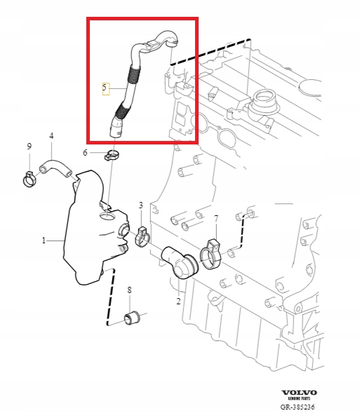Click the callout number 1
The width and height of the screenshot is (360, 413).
point(43,241)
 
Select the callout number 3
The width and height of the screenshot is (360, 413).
point(140,205)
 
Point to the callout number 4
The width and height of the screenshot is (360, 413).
point(51,135)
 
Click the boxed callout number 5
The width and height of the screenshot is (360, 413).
point(105,88)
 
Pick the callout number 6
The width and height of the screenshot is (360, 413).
point(85,152)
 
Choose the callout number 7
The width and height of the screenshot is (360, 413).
point(216,219)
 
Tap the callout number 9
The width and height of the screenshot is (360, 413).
point(29,146)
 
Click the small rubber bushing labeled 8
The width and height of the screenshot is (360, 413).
point(131,317)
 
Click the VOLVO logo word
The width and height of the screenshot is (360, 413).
point(299,392)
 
